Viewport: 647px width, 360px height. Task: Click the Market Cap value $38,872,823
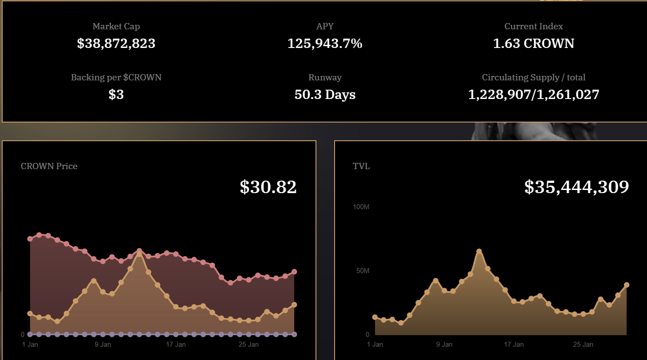click(x=116, y=44)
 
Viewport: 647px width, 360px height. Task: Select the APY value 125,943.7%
click(x=325, y=44)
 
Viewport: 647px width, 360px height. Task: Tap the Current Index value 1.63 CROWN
click(x=533, y=44)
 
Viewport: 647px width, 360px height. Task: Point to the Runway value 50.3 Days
click(x=325, y=95)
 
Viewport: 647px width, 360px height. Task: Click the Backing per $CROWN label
click(x=116, y=77)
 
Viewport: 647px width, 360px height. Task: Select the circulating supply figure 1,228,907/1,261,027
click(x=533, y=95)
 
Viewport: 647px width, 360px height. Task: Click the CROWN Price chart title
click(x=49, y=166)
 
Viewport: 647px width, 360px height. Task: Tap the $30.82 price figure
click(x=268, y=187)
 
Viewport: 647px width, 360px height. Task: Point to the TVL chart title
click(x=361, y=166)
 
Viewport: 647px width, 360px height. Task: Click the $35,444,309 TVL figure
click(x=576, y=187)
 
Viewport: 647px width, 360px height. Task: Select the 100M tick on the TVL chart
click(x=361, y=207)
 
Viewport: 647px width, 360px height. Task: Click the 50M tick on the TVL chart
click(x=363, y=271)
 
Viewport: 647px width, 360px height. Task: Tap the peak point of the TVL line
click(x=479, y=251)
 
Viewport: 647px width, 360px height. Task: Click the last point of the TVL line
click(x=627, y=285)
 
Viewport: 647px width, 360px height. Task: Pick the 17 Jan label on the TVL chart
click(x=513, y=344)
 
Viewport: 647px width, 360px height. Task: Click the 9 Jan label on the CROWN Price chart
click(x=103, y=344)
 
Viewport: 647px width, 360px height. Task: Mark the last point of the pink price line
click(x=294, y=272)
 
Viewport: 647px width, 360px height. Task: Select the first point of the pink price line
click(x=30, y=239)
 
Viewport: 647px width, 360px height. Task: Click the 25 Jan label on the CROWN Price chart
click(x=249, y=344)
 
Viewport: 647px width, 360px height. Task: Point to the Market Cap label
click(x=116, y=26)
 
